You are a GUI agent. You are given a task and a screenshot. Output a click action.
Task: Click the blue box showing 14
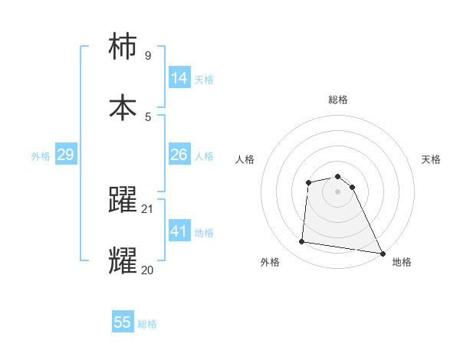[x=179, y=78]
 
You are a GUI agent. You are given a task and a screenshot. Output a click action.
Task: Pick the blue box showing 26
[x=179, y=155]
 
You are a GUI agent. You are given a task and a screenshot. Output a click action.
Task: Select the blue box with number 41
[x=179, y=231]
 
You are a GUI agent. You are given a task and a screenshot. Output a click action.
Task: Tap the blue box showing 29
[x=65, y=155]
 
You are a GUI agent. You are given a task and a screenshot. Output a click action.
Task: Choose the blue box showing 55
[x=123, y=322]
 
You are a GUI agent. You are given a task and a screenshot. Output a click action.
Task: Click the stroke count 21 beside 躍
[x=148, y=209]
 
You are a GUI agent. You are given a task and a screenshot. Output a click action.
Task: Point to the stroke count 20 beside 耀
[x=148, y=270]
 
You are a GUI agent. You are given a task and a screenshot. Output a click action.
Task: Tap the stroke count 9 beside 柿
[x=148, y=56]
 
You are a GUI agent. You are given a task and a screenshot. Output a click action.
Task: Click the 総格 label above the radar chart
[x=338, y=100]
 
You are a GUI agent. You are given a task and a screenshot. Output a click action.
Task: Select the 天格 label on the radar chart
[x=432, y=159]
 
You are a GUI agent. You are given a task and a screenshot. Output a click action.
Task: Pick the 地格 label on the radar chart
[x=402, y=262]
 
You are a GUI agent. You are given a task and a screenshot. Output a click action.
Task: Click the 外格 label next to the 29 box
[x=41, y=155]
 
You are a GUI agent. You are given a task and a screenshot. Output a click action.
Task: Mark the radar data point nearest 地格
[x=382, y=252]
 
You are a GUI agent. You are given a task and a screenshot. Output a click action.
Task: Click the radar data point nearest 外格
[x=302, y=242]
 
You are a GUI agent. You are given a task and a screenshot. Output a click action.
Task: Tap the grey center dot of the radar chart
[x=338, y=191]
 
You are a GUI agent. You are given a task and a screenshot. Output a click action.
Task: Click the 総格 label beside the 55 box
[x=147, y=324]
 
